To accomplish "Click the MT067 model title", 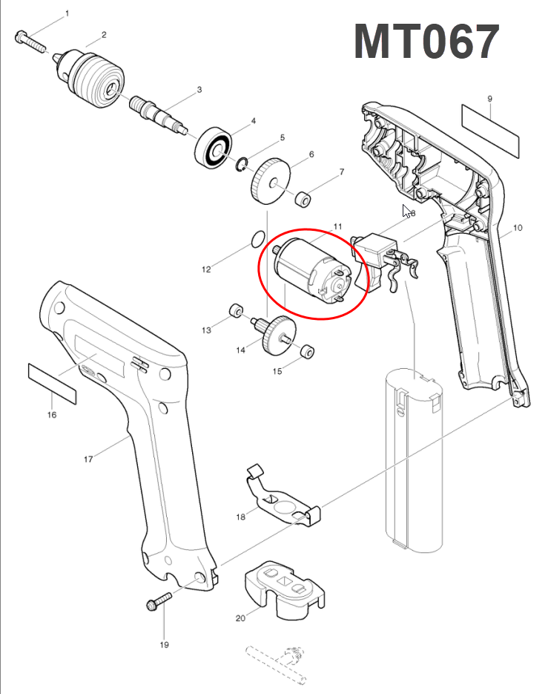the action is point(427,42).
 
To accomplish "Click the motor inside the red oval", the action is point(313,272).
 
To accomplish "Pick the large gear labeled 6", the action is point(271,181).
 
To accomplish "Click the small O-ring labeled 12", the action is point(258,240).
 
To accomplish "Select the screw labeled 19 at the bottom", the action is point(159,602).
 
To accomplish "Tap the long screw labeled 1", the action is point(31,42).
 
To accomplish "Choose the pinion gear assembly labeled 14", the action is point(274,335).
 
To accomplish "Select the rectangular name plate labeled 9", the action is point(490,131).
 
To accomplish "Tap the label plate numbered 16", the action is point(52,384).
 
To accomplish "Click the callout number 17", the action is point(88,459).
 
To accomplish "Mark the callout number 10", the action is point(518,227).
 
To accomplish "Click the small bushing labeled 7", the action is point(303,197).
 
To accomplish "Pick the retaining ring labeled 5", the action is point(242,164).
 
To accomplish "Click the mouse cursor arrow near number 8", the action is point(406,211).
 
